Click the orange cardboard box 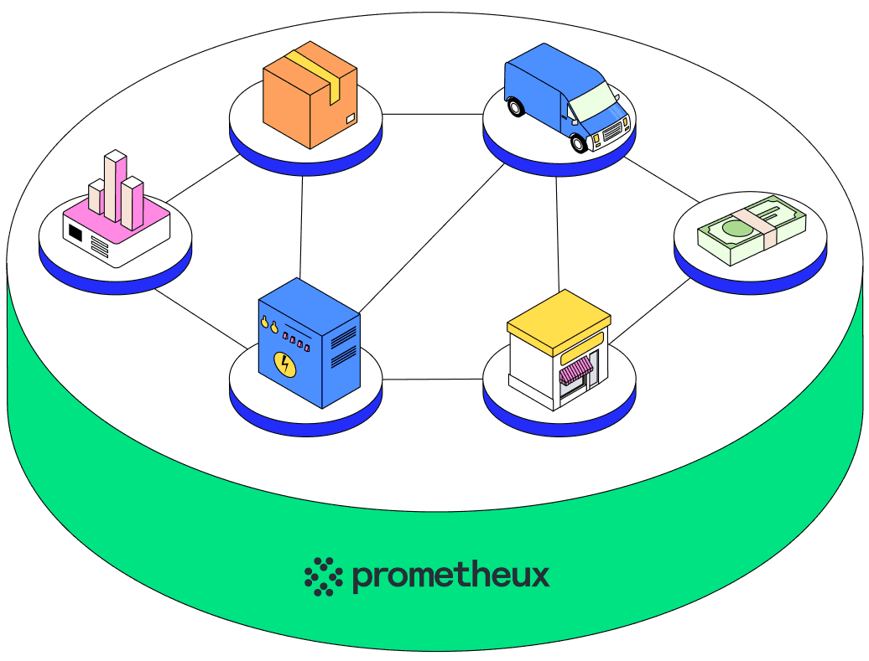pyautogui.click(x=310, y=94)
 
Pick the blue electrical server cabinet pyautogui.click(x=309, y=343)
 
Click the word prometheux pyautogui.click(x=450, y=576)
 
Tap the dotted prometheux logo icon pyautogui.click(x=324, y=576)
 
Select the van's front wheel pyautogui.click(x=579, y=142)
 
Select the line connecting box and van pyautogui.click(x=433, y=113)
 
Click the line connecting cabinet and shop pyautogui.click(x=433, y=380)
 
